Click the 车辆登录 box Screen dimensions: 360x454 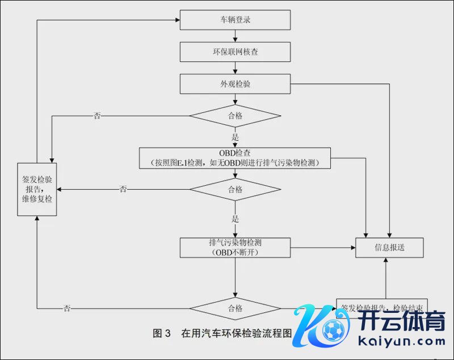[235, 20]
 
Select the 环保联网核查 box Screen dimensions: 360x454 [235, 52]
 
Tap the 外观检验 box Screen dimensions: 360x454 [235, 84]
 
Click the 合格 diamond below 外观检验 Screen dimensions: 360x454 [235, 116]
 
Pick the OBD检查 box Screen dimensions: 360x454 [235, 158]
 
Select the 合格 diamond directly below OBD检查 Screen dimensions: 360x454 [235, 189]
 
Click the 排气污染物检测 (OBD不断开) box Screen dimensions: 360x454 [235, 247]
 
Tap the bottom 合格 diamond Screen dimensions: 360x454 [235, 308]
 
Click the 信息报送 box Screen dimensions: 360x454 [389, 247]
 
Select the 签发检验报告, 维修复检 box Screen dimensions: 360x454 [37, 189]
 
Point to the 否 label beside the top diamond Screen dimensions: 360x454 [97, 116]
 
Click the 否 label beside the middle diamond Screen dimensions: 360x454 [123, 189]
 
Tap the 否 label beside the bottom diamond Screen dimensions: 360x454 [68, 308]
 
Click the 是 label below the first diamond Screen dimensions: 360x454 [235, 137]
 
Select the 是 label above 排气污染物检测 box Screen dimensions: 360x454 [235, 219]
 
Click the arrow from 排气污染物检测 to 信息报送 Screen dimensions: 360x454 [323, 247]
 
